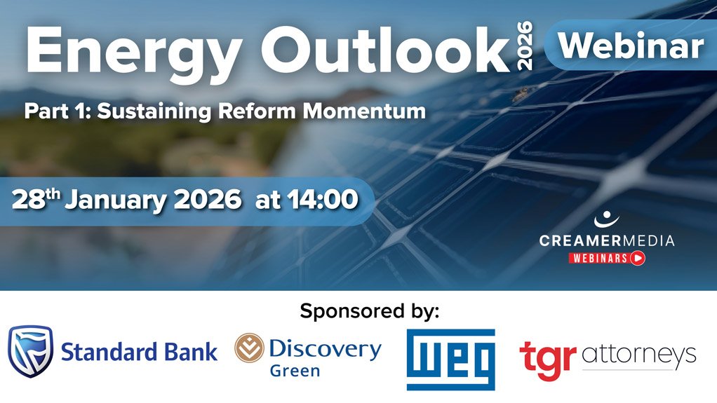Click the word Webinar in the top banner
click(631, 46)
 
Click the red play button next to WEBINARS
click(638, 258)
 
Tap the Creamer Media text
click(606, 241)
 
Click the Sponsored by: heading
click(369, 310)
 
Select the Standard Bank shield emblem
click(30, 352)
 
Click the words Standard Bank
click(140, 352)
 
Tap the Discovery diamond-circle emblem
click(249, 348)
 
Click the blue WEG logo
click(450, 359)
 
